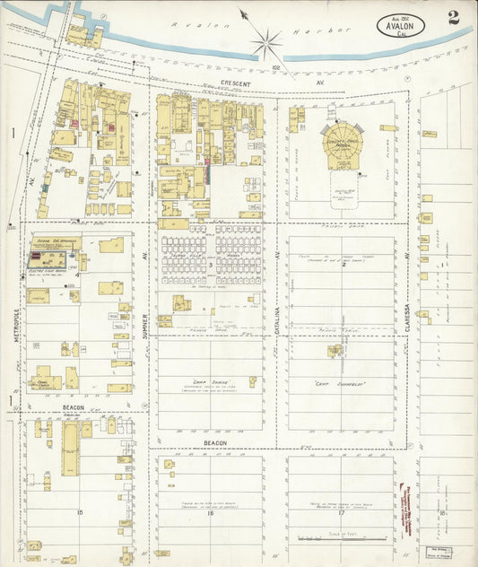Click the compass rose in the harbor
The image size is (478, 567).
point(266,40)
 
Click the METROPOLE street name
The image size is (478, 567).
point(15,326)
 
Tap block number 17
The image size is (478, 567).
point(341,511)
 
